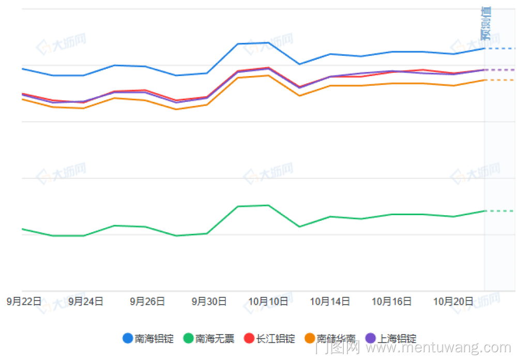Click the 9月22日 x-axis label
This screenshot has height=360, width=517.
point(24,302)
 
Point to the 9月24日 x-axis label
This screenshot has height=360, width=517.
point(86,302)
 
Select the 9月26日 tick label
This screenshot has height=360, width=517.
point(147,302)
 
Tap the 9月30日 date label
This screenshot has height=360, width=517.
point(209,302)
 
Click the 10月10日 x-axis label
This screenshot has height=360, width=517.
point(268,302)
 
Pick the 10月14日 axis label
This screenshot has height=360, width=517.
point(330,302)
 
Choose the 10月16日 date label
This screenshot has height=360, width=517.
point(392,302)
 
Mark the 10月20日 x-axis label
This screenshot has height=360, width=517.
point(453,302)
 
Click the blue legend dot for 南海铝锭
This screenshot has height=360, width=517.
point(128,339)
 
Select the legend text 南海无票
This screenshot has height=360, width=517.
point(215,339)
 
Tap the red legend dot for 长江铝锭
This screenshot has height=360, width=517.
point(249,339)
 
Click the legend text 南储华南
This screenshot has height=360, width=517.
point(336,339)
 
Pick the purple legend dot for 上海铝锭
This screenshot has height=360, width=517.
point(370,339)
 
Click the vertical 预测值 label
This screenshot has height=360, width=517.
point(485,23)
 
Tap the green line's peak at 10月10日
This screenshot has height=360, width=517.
point(268,205)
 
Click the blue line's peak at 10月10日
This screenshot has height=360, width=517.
point(268,42)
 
